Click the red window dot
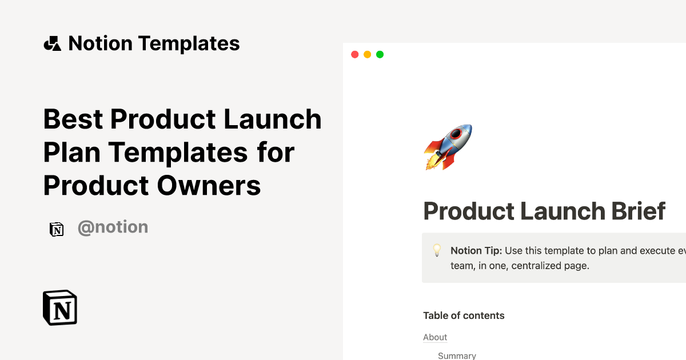click(x=354, y=54)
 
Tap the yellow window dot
click(x=367, y=54)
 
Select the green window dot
click(x=380, y=54)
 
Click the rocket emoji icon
click(x=448, y=147)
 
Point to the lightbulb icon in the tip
click(x=437, y=250)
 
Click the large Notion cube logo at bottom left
click(x=60, y=307)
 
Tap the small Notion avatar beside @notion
click(x=57, y=229)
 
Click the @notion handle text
click(x=113, y=227)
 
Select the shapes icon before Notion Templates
click(x=52, y=43)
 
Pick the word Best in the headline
click(x=73, y=119)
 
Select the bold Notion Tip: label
click(x=476, y=250)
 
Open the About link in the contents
click(x=435, y=337)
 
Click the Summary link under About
click(x=457, y=355)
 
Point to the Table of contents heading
click(x=464, y=315)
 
